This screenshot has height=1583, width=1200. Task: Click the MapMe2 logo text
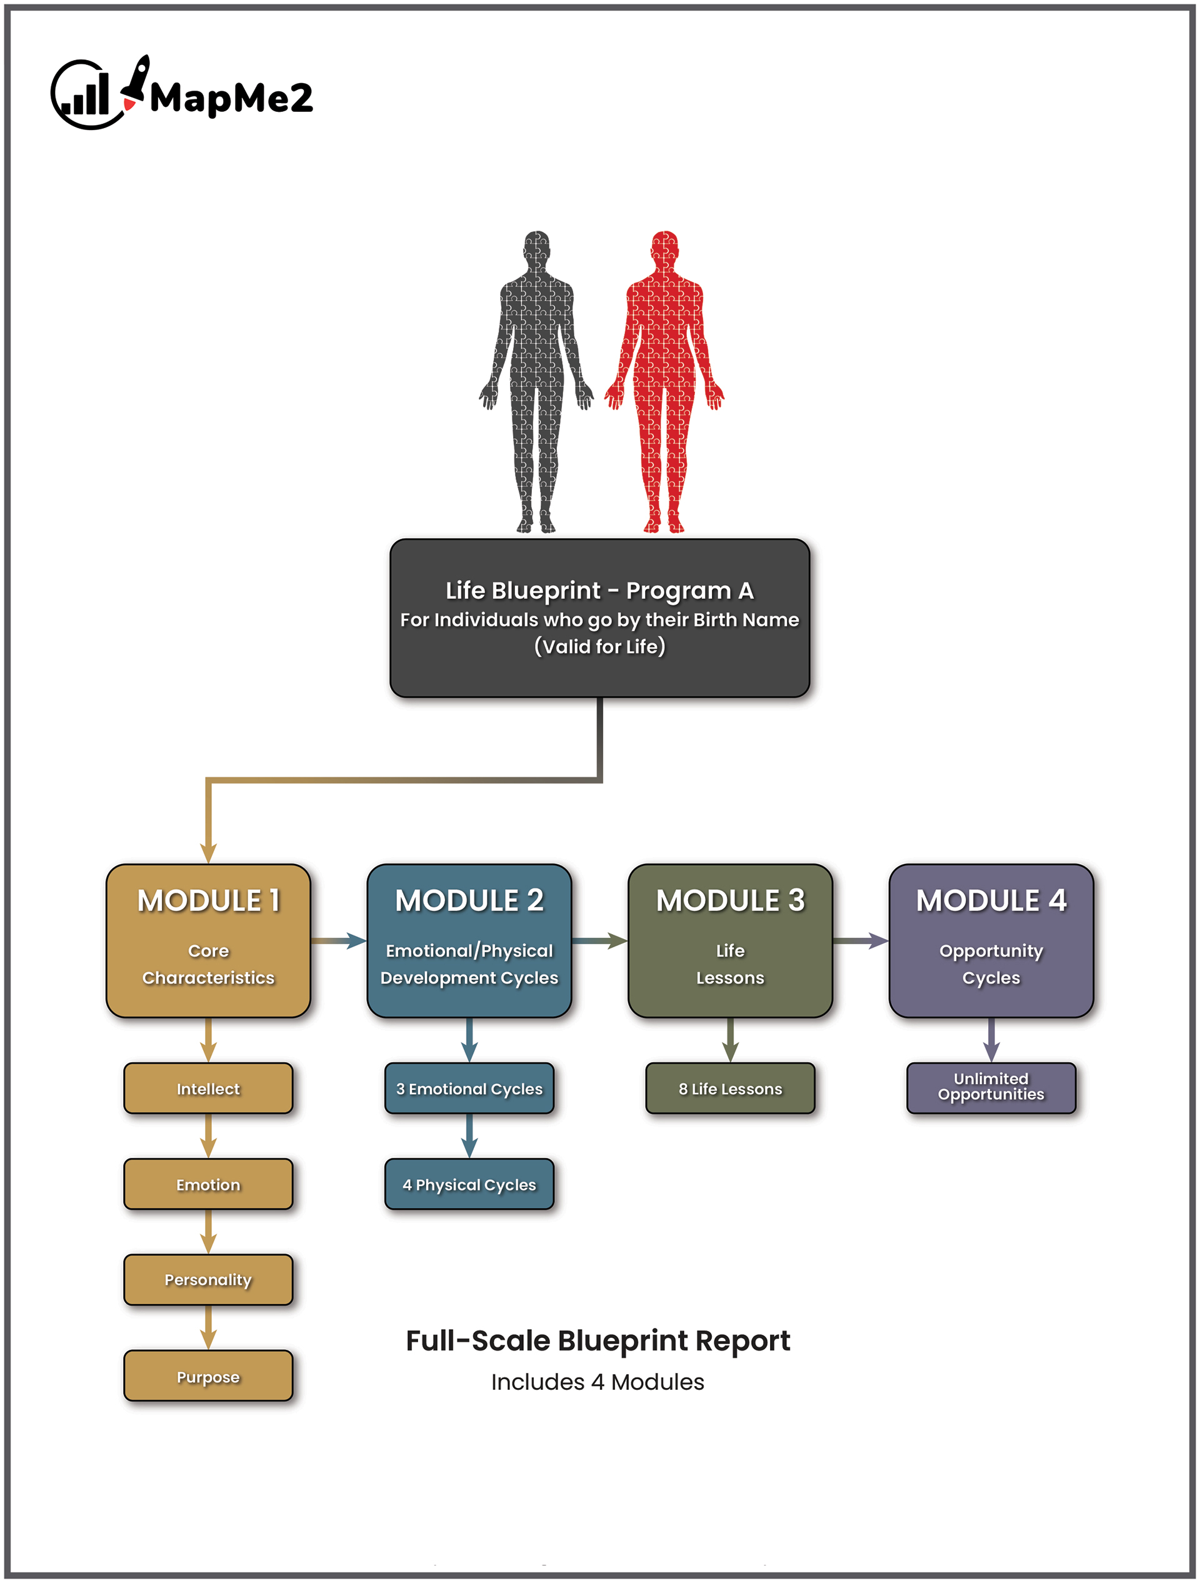[231, 98]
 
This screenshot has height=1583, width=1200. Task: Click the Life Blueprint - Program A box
[599, 618]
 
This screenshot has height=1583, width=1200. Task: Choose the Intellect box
[208, 1088]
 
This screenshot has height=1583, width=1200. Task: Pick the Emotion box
[208, 1184]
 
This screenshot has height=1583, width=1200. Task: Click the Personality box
[208, 1280]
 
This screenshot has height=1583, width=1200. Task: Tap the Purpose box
[208, 1376]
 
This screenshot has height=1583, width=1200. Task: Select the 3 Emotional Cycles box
[469, 1088]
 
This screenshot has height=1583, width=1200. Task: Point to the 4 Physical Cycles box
[469, 1184]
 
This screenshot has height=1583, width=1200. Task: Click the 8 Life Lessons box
[730, 1088]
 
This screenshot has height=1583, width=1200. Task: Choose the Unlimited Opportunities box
[991, 1087]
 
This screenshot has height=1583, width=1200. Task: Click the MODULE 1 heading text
[208, 900]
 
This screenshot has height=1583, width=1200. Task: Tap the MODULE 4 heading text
[991, 900]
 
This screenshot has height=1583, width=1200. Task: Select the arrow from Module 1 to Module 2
[339, 940]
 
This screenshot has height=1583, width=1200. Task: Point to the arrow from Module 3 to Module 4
[861, 940]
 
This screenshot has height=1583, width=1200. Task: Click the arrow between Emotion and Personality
[208, 1232]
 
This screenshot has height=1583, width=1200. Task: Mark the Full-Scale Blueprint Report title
[598, 1340]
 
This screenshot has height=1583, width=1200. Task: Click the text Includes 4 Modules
[597, 1382]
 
